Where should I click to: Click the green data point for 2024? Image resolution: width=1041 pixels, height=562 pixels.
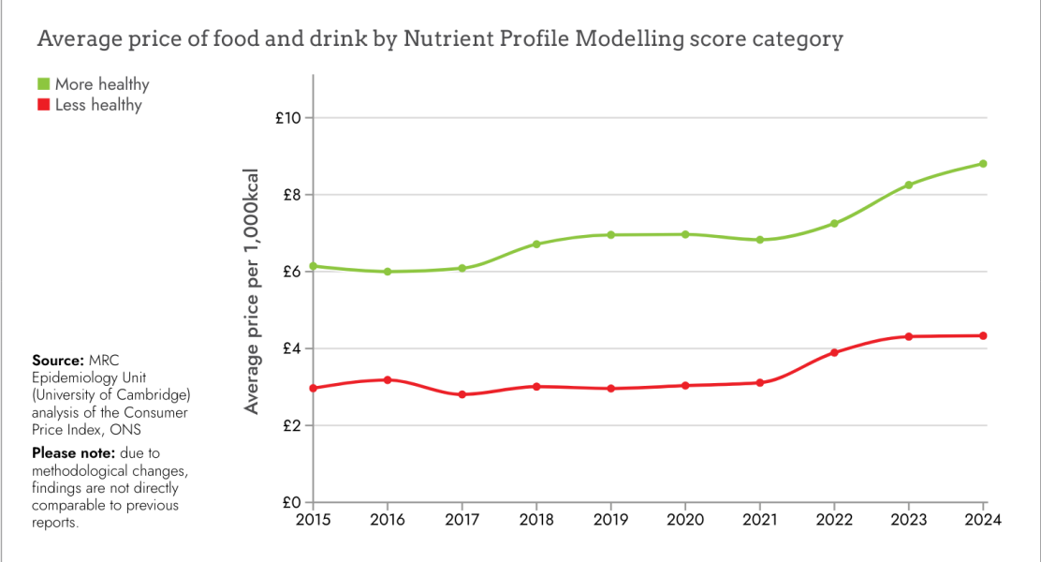tap(984, 164)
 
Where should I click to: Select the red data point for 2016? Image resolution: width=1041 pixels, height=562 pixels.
tap(388, 379)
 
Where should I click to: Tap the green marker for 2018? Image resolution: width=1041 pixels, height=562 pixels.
tap(536, 244)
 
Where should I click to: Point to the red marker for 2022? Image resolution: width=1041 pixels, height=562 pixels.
tap(834, 352)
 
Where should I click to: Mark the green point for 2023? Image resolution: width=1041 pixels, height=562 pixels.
tap(909, 185)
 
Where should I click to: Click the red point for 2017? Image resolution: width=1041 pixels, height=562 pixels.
tap(462, 394)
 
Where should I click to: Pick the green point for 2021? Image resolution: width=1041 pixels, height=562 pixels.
tap(760, 240)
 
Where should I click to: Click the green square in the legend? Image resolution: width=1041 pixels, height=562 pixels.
tap(43, 84)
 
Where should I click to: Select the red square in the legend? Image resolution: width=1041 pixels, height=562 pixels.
tap(43, 105)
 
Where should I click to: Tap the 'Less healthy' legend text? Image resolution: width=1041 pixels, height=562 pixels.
tap(98, 105)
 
